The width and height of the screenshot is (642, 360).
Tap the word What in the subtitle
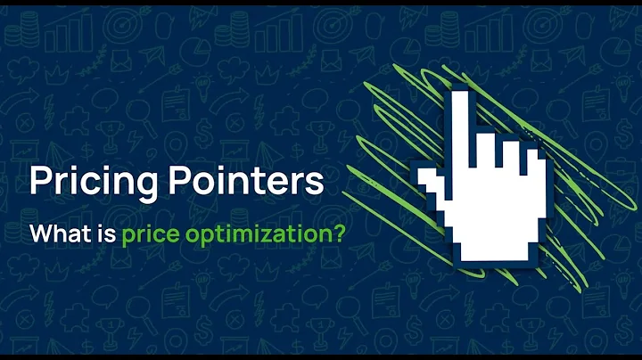click(x=56, y=236)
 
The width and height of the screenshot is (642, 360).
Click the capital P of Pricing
click(x=40, y=182)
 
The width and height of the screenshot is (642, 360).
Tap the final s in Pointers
click(x=313, y=184)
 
